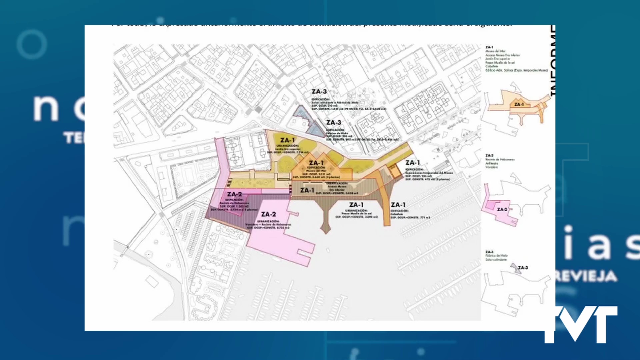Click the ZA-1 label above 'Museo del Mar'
click(x=316, y=163)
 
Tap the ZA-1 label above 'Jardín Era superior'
click(x=287, y=140)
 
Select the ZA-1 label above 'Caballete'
click(x=398, y=205)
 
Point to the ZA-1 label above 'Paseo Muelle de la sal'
click(x=356, y=205)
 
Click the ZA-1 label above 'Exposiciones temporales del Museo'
click(x=413, y=163)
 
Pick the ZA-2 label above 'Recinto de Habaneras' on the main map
click(x=234, y=194)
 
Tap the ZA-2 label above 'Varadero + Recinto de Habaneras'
click(x=268, y=214)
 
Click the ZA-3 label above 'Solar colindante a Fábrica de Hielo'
click(x=319, y=91)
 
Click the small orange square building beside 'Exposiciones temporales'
click(x=395, y=171)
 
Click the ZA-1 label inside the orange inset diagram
click(x=519, y=105)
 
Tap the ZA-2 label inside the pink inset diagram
click(x=502, y=209)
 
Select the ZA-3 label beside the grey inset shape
click(x=523, y=267)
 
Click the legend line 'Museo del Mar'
click(x=495, y=51)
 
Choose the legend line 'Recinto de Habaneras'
click(x=500, y=160)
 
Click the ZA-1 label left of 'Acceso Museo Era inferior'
click(x=307, y=190)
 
